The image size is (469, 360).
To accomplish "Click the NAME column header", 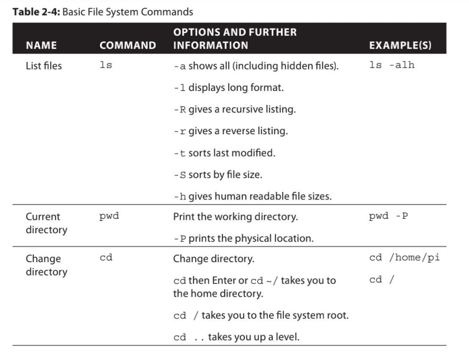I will [41, 45].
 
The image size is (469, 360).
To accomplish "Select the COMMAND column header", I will [127, 45].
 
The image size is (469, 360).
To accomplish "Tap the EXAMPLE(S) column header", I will [400, 45].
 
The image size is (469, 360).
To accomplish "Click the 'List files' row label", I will [44, 66].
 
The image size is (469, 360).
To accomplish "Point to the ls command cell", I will [106, 66].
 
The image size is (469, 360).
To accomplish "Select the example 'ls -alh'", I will [391, 66].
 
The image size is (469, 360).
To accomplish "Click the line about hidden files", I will [256, 66].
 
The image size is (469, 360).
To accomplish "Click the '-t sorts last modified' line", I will [224, 154].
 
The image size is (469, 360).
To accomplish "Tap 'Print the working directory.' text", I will [235, 218].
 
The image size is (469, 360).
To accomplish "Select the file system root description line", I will [261, 315].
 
